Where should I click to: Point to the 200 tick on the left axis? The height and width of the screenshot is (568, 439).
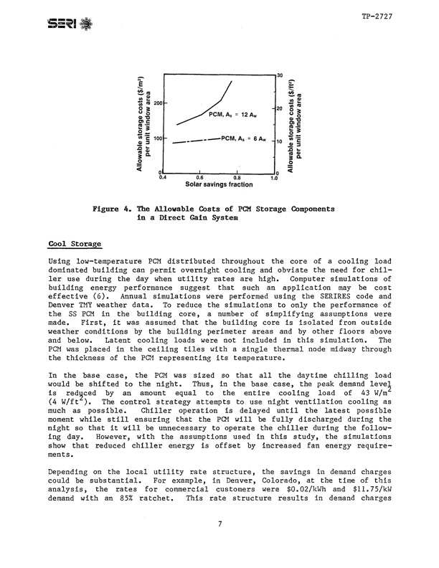[157, 104]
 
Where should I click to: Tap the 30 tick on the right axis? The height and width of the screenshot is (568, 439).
[280, 75]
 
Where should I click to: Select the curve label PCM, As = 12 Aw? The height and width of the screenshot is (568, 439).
[229, 115]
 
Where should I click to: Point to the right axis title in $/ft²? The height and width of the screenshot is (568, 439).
[295, 123]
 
